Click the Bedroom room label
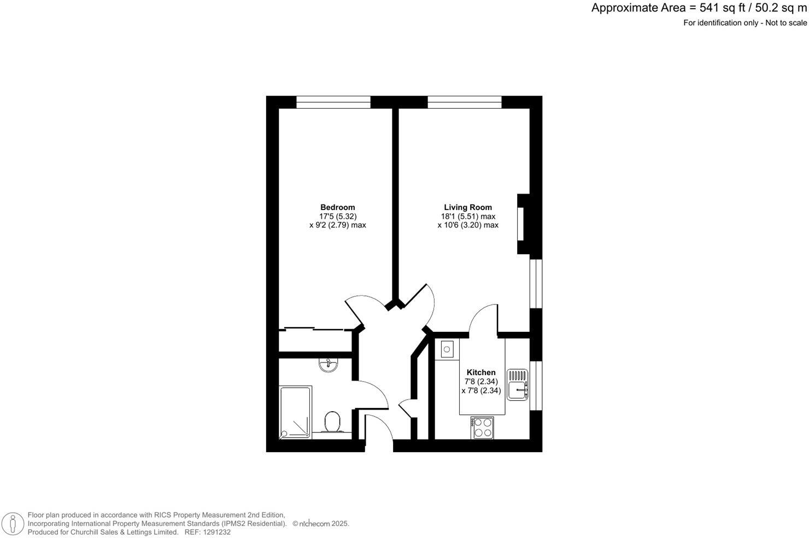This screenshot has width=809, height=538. pos(337,207)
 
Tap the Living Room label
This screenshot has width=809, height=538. pos(467,207)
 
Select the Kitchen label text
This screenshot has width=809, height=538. pos(481,372)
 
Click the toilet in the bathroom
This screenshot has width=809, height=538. pos(332,422)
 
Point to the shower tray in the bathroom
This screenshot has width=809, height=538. pos(295,411)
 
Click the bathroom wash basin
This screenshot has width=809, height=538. pos(328,365)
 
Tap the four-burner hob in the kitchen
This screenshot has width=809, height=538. pos(482,427)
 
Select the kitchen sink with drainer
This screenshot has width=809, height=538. pos(517,384)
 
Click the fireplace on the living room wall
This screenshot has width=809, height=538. pos(523,224)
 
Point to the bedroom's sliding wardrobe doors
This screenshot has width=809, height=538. pos(314,329)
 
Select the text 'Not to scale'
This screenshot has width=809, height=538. pos(785,23)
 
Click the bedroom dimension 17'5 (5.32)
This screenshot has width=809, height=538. pos(338,216)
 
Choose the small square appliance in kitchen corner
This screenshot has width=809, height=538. pos(447,349)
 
